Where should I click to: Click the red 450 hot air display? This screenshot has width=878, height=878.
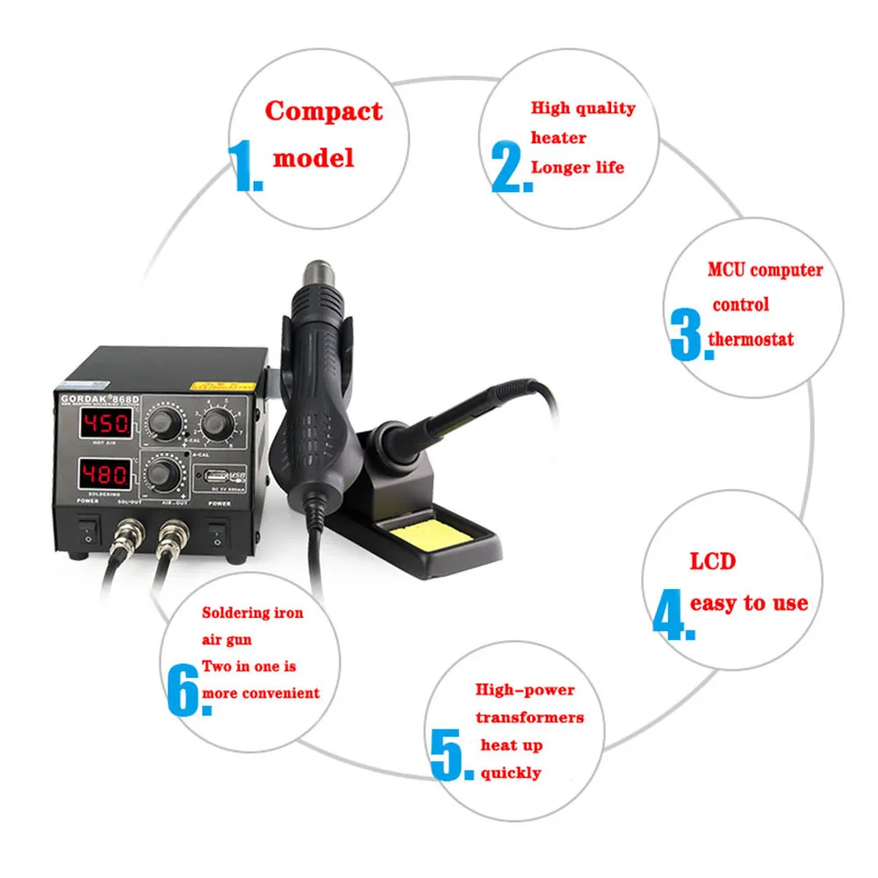[x=106, y=425]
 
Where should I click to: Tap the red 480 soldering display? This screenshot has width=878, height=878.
[x=106, y=476]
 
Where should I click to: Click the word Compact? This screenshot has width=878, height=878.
[x=324, y=112]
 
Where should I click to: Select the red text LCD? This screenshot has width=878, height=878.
[x=712, y=561]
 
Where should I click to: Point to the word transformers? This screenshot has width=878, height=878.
[x=529, y=717]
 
